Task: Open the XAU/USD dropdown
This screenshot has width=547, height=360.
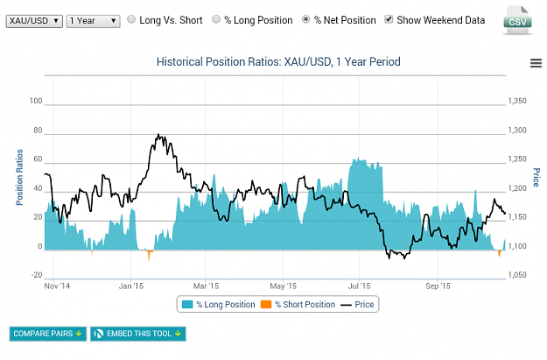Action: click(x=34, y=21)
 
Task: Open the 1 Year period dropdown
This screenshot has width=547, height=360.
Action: click(x=93, y=21)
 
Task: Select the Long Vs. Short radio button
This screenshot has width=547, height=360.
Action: click(x=131, y=19)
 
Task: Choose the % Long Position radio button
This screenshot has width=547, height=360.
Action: click(x=216, y=19)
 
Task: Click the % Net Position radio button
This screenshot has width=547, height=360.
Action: click(x=305, y=19)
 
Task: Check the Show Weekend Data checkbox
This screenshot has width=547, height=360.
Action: click(x=389, y=19)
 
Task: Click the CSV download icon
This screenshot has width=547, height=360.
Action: click(x=518, y=20)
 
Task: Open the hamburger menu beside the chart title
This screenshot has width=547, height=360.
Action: click(x=536, y=63)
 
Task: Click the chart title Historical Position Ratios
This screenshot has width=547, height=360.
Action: click(x=278, y=62)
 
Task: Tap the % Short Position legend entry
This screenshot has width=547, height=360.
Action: click(x=298, y=305)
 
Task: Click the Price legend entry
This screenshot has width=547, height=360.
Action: click(x=357, y=305)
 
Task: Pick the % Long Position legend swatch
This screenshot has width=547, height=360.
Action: click(x=187, y=305)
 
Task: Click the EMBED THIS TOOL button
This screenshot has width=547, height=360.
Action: click(x=138, y=334)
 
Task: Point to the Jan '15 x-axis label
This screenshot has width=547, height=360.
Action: click(x=130, y=286)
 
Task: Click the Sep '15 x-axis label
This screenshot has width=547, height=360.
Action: click(x=438, y=286)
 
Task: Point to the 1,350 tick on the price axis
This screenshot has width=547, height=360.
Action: click(x=517, y=101)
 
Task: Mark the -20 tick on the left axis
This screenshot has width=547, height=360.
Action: click(x=37, y=275)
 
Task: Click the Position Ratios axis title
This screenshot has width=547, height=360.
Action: click(x=19, y=178)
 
